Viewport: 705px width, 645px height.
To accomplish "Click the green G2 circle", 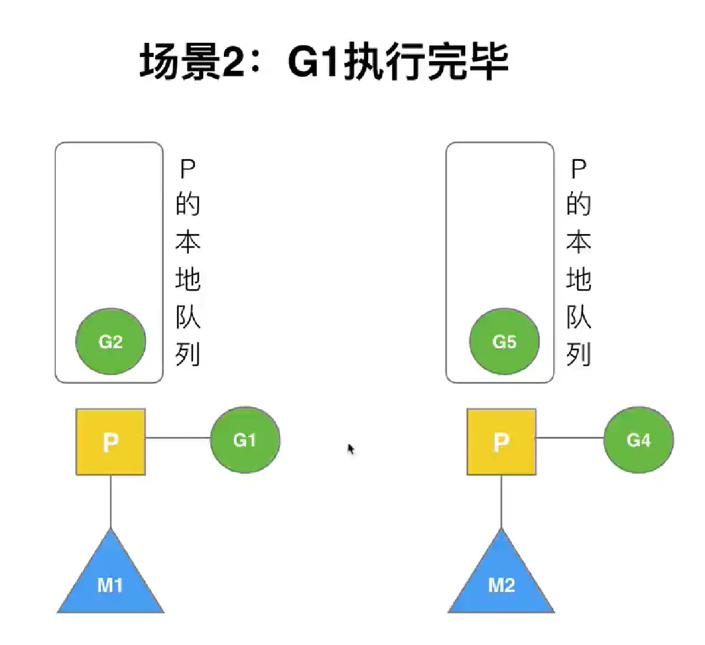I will click(110, 342).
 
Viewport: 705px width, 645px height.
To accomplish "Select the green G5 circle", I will click(504, 342).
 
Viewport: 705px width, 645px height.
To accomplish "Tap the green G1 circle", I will click(245, 440).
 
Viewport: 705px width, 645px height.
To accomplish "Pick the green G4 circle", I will click(639, 440).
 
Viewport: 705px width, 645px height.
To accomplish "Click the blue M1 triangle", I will click(110, 581).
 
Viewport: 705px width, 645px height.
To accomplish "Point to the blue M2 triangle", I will click(501, 581).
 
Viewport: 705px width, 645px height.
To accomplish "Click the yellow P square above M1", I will click(110, 441).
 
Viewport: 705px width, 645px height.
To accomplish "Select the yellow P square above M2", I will click(501, 441).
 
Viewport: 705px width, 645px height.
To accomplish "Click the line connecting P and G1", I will click(177, 438).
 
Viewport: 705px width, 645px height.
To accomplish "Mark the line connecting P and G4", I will click(569, 438).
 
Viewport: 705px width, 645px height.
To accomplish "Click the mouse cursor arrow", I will click(351, 450).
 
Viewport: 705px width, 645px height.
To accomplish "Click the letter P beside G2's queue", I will click(187, 170).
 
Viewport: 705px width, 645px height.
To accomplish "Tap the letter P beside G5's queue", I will click(579, 170).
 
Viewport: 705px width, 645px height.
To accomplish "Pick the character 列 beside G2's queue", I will click(187, 354).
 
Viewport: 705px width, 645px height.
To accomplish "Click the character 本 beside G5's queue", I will click(579, 242).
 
